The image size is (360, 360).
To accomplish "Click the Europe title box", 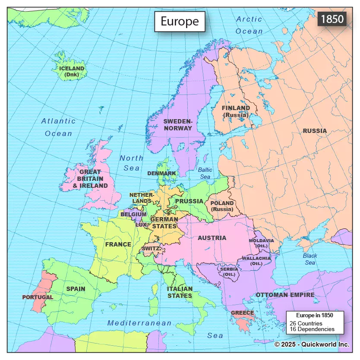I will tap(180, 22).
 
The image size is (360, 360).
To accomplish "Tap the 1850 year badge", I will tap(332, 19).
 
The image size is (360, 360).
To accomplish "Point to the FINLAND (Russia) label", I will tap(236, 111).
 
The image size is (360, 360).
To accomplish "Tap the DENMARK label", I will tap(161, 173).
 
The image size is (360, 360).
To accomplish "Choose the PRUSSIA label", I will tap(189, 201).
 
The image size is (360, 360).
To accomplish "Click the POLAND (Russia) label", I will tap(222, 206).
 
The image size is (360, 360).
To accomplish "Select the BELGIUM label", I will tap(133, 214).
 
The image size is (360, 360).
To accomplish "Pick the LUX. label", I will tap(141, 224).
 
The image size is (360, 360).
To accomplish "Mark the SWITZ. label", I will tap(151, 249).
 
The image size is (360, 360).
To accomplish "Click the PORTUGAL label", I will tap(38, 297).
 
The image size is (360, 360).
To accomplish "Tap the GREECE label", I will tap(243, 313).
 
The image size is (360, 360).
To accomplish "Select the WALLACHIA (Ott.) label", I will tap(256, 261).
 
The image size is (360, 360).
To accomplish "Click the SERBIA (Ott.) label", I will tap(229, 272).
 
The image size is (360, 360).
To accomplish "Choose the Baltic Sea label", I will tap(205, 173).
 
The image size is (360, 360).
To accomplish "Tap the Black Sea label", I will tap(309, 259).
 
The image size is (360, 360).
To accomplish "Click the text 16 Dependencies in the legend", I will tap(312, 329).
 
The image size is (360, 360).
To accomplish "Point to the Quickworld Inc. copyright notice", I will tap(311, 344).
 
